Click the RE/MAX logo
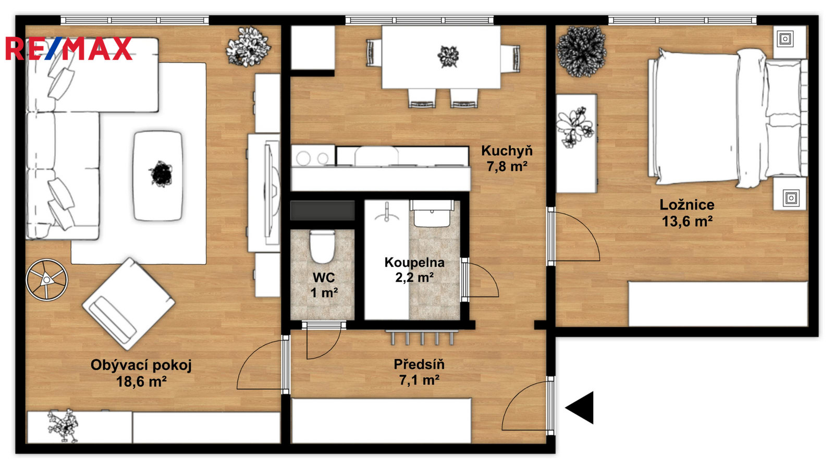coord(69,48)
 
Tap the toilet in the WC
coord(323,246)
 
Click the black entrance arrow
coord(579,408)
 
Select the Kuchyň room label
coord(507,151)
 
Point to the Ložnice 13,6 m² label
coord(688,213)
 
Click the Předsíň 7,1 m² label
coord(419,372)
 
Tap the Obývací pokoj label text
coord(141,365)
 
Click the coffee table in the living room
coord(158,176)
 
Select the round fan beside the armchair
coord(47,279)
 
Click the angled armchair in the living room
coord(128,304)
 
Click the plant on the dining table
coord(448,57)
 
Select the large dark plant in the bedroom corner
coord(581,52)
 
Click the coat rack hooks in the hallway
coord(422,337)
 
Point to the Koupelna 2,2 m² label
coord(414,269)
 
